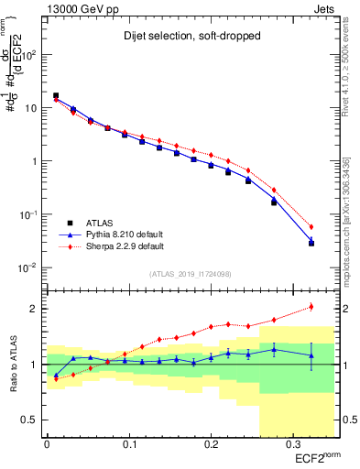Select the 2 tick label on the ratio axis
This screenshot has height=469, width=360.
[35, 309]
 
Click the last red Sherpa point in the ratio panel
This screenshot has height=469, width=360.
[311, 307]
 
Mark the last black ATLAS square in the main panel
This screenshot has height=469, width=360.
[311, 244]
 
